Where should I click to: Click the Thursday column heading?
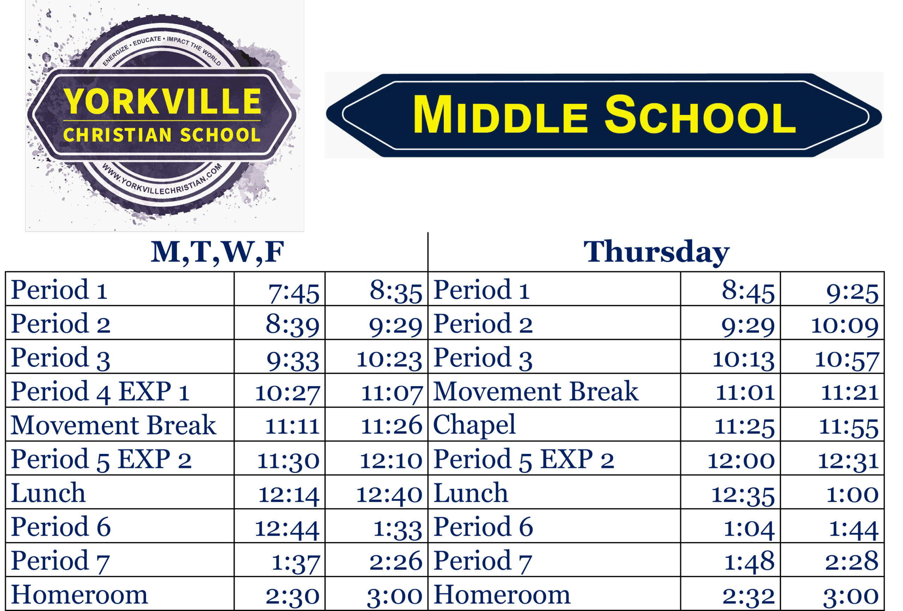click(x=656, y=253)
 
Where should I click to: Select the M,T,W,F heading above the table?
click(x=217, y=253)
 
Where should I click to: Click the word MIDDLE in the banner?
click(x=500, y=115)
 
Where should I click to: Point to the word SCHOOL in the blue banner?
click(x=700, y=115)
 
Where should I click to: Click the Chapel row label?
click(x=474, y=425)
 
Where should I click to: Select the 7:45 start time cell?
click(x=294, y=293)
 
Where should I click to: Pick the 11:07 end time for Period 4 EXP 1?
click(x=392, y=393)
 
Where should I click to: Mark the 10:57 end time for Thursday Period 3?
click(x=847, y=360)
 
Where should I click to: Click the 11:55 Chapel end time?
click(x=849, y=427)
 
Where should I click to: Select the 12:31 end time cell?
click(x=849, y=461)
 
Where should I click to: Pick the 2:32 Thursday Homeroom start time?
click(x=749, y=597)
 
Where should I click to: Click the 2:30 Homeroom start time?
click(x=292, y=597)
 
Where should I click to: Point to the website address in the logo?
click(x=162, y=180)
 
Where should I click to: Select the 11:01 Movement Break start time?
click(x=745, y=393)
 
